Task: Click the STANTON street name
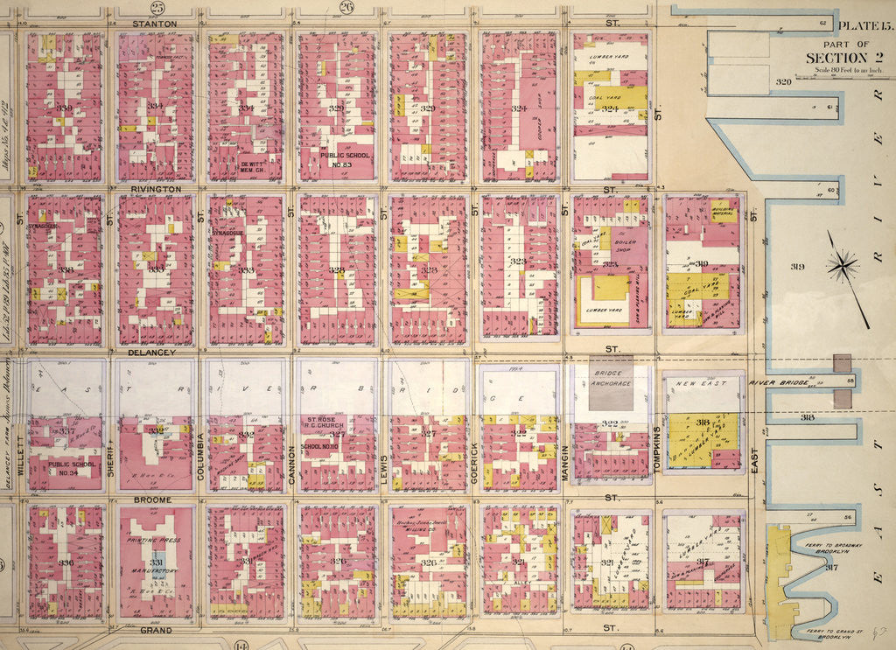click(x=154, y=23)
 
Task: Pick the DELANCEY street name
click(x=152, y=352)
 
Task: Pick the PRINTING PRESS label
click(x=155, y=540)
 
